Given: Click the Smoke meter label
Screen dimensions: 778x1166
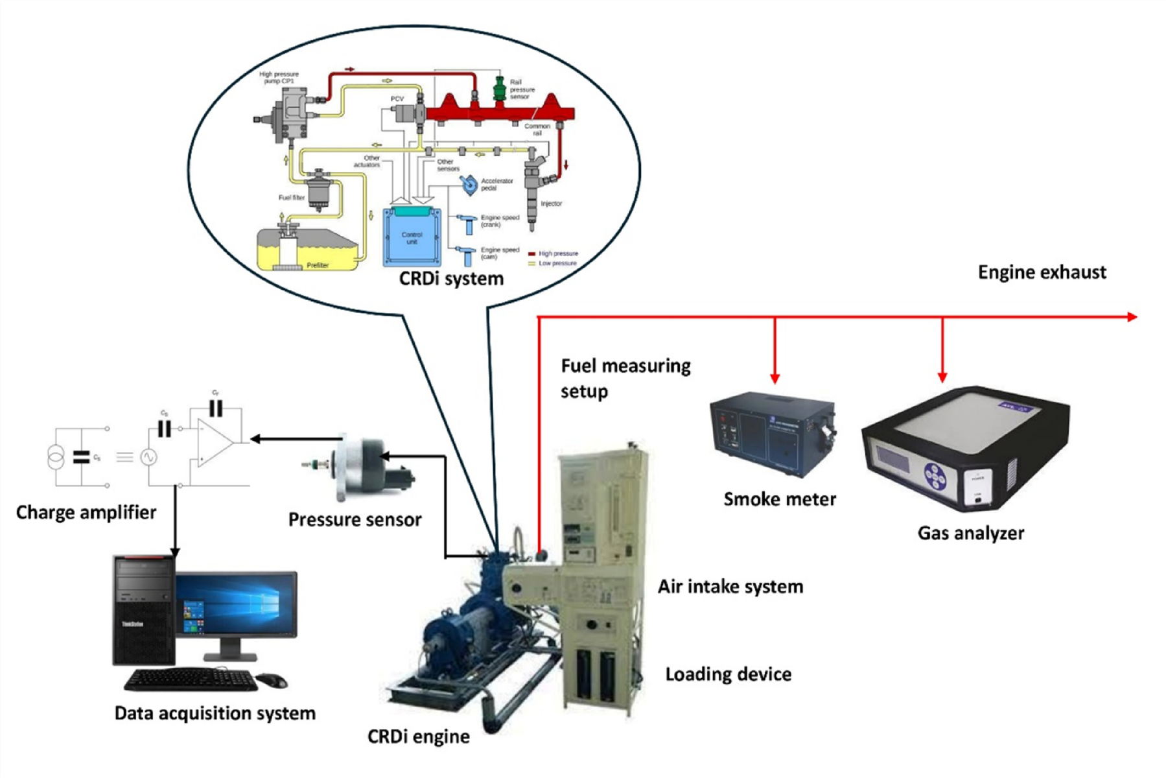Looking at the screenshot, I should click(779, 499).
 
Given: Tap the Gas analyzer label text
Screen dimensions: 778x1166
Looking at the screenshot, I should click(970, 533).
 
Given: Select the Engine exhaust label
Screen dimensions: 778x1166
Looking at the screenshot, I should click(1042, 272).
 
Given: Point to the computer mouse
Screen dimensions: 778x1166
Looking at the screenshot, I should click(272, 680).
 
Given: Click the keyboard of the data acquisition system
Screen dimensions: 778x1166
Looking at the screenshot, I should click(191, 679).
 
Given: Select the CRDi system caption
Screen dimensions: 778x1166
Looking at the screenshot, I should click(451, 279).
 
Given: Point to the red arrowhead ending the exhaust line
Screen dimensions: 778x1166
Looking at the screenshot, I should click(1132, 317).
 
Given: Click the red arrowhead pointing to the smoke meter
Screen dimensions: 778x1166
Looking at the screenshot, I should click(775, 378).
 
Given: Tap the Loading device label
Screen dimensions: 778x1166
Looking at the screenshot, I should click(728, 674).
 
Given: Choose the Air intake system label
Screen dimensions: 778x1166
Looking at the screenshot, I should click(730, 587).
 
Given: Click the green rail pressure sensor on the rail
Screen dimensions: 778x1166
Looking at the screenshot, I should click(499, 88).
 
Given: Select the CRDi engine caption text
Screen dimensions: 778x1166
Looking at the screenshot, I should click(418, 737).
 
